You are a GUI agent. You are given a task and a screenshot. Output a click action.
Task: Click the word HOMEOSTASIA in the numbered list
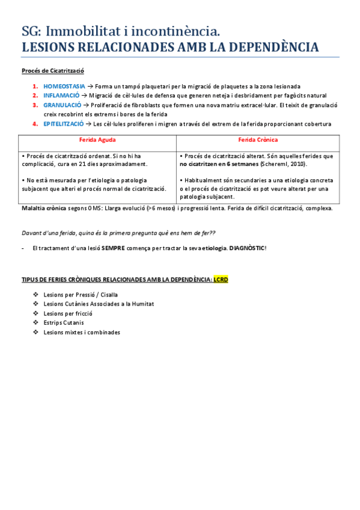[64, 87]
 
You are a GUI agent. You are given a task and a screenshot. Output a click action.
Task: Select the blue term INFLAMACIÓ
[61, 96]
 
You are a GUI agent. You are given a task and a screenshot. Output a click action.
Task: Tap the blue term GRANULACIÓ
[62, 105]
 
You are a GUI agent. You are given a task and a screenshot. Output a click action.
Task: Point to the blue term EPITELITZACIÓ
[64, 124]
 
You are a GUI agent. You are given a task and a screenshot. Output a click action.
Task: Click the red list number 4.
[35, 124]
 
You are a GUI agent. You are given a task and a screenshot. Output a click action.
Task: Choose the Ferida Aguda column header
[97, 140]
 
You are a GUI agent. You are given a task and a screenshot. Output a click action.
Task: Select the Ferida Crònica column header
[257, 140]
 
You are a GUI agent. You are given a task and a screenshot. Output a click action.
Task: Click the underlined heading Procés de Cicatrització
[52, 70]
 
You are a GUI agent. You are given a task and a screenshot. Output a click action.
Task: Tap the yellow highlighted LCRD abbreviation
[221, 280]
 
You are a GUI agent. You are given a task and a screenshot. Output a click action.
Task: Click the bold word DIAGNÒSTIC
[247, 248]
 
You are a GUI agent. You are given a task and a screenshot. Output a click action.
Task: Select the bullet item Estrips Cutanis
[64, 323]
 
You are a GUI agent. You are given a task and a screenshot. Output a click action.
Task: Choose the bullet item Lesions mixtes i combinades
[82, 332]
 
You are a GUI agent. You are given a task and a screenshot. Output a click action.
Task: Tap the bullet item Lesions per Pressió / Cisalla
[81, 295]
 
